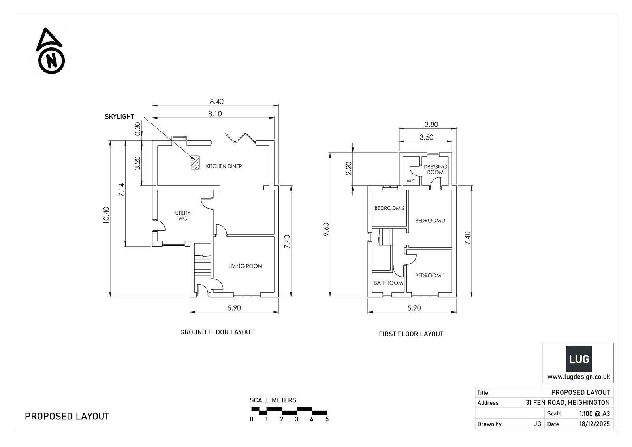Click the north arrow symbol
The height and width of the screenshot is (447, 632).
pos(51,52)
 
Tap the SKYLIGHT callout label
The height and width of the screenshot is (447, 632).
pos(119,117)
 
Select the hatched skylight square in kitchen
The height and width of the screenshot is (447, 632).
pos(195,163)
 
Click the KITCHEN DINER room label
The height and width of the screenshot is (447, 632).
pos(224,166)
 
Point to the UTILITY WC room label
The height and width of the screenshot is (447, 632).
pos(182,216)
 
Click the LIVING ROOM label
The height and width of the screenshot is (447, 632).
pos(245,266)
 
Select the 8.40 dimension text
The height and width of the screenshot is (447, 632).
pos(216,102)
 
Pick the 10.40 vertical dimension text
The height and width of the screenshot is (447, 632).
pos(106,215)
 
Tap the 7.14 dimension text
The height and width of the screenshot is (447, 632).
pos(122,190)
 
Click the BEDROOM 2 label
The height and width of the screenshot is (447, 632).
pos(389,208)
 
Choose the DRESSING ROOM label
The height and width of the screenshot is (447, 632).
pos(435,170)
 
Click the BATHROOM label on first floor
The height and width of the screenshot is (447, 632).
pos(388,283)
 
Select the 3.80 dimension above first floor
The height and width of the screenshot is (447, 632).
pos(431,124)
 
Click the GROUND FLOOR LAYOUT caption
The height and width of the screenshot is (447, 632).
pos(217,332)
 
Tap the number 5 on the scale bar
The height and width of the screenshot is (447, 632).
pos(327,419)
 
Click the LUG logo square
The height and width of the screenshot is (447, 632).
pos(579,359)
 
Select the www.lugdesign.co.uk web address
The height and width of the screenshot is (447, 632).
pos(578,377)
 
